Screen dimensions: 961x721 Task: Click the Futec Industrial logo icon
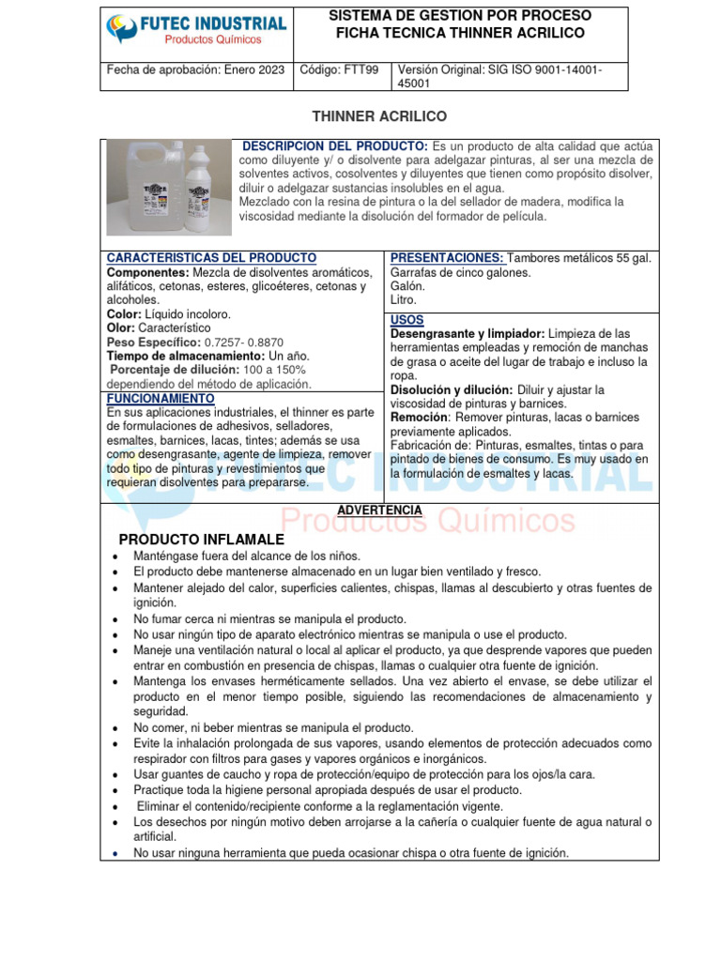pyautogui.click(x=121, y=29)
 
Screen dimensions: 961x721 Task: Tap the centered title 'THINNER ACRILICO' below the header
pyautogui.click(x=366, y=116)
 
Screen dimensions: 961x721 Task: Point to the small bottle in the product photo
pyautogui.click(x=209, y=189)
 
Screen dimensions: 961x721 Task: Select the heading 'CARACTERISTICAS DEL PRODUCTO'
pyautogui.click(x=211, y=258)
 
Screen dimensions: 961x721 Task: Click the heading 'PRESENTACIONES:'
pyautogui.click(x=446, y=258)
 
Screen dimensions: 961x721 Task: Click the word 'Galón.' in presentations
pyautogui.click(x=407, y=286)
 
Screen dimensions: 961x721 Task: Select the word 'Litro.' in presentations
pyautogui.click(x=404, y=300)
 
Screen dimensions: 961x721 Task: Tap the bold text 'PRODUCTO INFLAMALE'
pyautogui.click(x=201, y=540)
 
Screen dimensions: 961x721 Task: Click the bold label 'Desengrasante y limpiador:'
pyautogui.click(x=467, y=334)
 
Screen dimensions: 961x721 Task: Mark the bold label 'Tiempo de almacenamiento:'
pyautogui.click(x=186, y=357)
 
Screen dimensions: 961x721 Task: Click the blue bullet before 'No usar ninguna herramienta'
pyautogui.click(x=114, y=854)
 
